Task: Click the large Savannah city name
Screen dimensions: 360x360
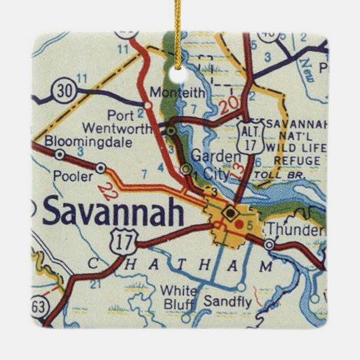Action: pyautogui.click(x=113, y=213)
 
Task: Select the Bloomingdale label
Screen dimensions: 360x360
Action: pyautogui.click(x=77, y=142)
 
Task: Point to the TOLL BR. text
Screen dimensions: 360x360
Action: pyautogui.click(x=272, y=175)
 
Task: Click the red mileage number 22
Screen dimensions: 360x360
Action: pyautogui.click(x=104, y=192)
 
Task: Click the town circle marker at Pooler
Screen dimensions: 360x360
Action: pyautogui.click(x=101, y=167)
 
